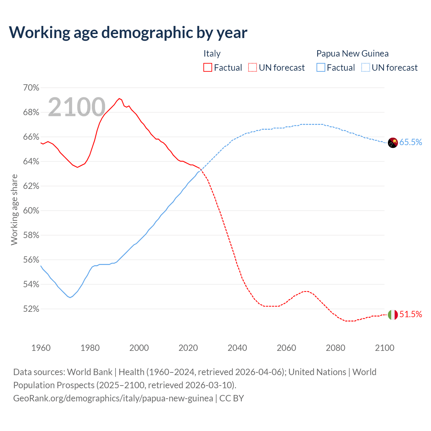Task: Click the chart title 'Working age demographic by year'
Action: (x=128, y=32)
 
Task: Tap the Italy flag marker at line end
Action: (x=393, y=314)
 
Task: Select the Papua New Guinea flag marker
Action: (x=393, y=142)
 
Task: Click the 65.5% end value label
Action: (x=410, y=142)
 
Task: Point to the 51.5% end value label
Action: (x=410, y=314)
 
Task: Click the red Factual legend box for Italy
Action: (x=208, y=68)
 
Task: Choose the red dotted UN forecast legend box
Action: (x=253, y=68)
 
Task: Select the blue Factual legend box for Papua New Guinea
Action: (x=321, y=68)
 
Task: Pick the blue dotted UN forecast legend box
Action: (x=366, y=68)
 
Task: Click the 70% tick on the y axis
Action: (x=31, y=88)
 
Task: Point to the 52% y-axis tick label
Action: (x=31, y=309)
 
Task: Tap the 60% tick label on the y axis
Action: (x=31, y=211)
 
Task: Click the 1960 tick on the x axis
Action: (x=41, y=348)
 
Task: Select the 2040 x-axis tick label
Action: (x=237, y=348)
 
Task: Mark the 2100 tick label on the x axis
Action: (x=385, y=348)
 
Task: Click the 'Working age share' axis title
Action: (x=14, y=209)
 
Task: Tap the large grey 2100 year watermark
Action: (x=77, y=107)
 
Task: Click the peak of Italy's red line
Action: (x=119, y=98)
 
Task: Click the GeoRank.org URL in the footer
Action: (x=113, y=398)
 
